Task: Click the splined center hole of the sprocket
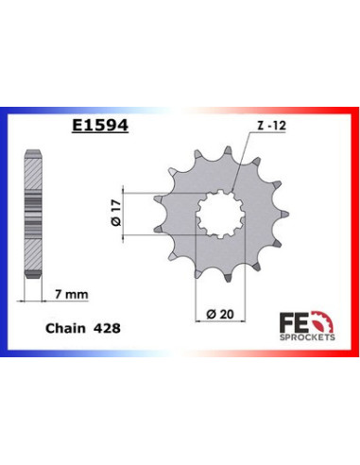coord(218,218)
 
